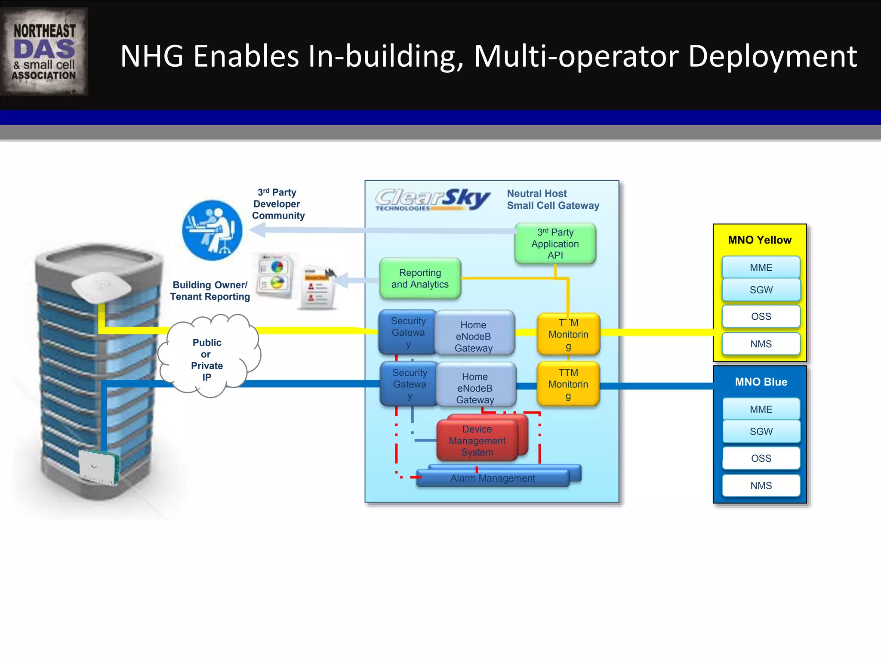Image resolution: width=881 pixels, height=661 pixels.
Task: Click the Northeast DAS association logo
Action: click(x=44, y=52)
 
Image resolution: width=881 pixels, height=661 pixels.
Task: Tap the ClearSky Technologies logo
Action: click(x=432, y=200)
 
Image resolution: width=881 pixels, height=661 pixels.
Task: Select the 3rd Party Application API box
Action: click(x=555, y=244)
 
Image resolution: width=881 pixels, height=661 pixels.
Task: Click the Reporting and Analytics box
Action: click(x=420, y=278)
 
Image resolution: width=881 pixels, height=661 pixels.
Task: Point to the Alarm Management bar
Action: click(x=493, y=478)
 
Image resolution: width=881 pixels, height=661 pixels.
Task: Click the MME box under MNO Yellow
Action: click(x=761, y=267)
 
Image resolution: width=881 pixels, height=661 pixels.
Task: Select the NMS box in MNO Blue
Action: click(x=761, y=485)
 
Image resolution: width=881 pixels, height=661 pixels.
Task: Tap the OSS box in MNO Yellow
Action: click(x=761, y=316)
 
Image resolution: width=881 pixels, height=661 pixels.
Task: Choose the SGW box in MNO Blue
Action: click(x=761, y=431)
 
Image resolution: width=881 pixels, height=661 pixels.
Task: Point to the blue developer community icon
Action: click(x=212, y=230)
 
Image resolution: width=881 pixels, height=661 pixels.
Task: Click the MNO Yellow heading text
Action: click(x=760, y=240)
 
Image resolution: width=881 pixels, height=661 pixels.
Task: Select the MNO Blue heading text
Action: click(x=761, y=382)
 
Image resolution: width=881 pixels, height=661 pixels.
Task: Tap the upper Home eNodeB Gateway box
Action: click(x=474, y=336)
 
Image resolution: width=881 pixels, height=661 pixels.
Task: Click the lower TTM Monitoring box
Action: click(x=568, y=384)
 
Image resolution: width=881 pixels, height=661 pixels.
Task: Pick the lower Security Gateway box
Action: click(x=409, y=384)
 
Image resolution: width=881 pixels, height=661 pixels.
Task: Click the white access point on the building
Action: click(x=102, y=285)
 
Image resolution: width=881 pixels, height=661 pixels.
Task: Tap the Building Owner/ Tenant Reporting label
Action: click(x=210, y=290)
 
